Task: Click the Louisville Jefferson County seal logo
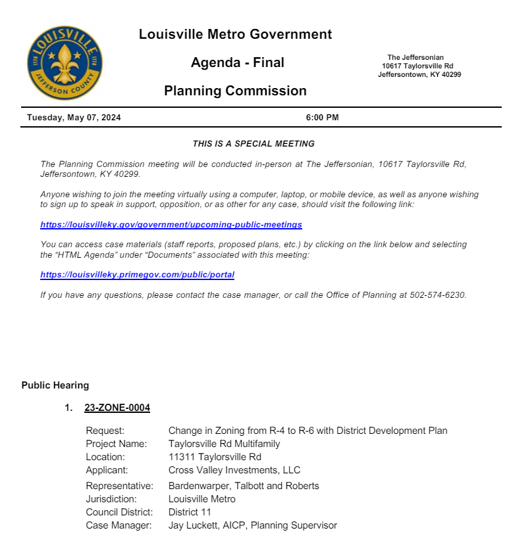(x=65, y=62)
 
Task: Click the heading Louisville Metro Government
(x=235, y=34)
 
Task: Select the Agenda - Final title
(x=237, y=62)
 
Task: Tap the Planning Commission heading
(x=235, y=91)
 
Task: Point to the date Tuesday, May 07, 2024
(x=74, y=118)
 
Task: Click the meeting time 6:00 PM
(x=322, y=118)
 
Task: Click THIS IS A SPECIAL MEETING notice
(x=254, y=143)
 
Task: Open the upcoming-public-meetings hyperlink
(x=171, y=225)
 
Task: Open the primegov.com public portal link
(x=137, y=275)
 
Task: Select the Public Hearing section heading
(x=55, y=385)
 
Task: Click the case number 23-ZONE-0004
(x=117, y=408)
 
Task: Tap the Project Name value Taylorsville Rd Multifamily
(x=224, y=444)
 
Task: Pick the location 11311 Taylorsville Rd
(x=215, y=457)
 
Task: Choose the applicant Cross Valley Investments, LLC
(x=234, y=470)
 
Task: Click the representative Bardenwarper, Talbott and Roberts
(x=244, y=486)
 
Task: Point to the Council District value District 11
(x=190, y=512)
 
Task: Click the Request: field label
(x=105, y=431)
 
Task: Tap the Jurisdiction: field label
(x=111, y=499)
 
